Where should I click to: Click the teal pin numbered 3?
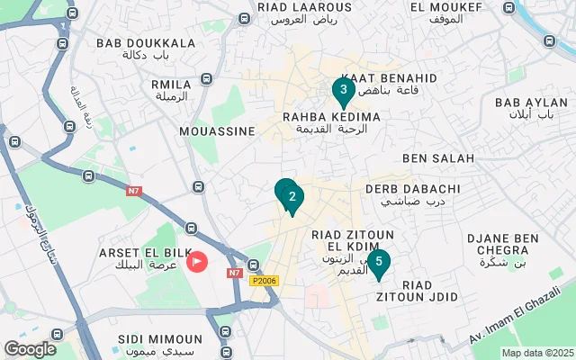click(342, 91)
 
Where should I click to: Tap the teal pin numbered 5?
click(379, 263)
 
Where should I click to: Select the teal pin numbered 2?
click(292, 198)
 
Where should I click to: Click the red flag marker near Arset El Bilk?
click(197, 262)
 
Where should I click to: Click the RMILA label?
click(171, 85)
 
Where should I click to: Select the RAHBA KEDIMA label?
click(331, 117)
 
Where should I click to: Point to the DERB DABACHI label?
click(413, 189)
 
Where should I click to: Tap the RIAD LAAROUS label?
click(297, 7)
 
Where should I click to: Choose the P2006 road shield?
click(264, 281)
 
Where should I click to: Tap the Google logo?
click(30, 349)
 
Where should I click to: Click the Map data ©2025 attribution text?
click(536, 353)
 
